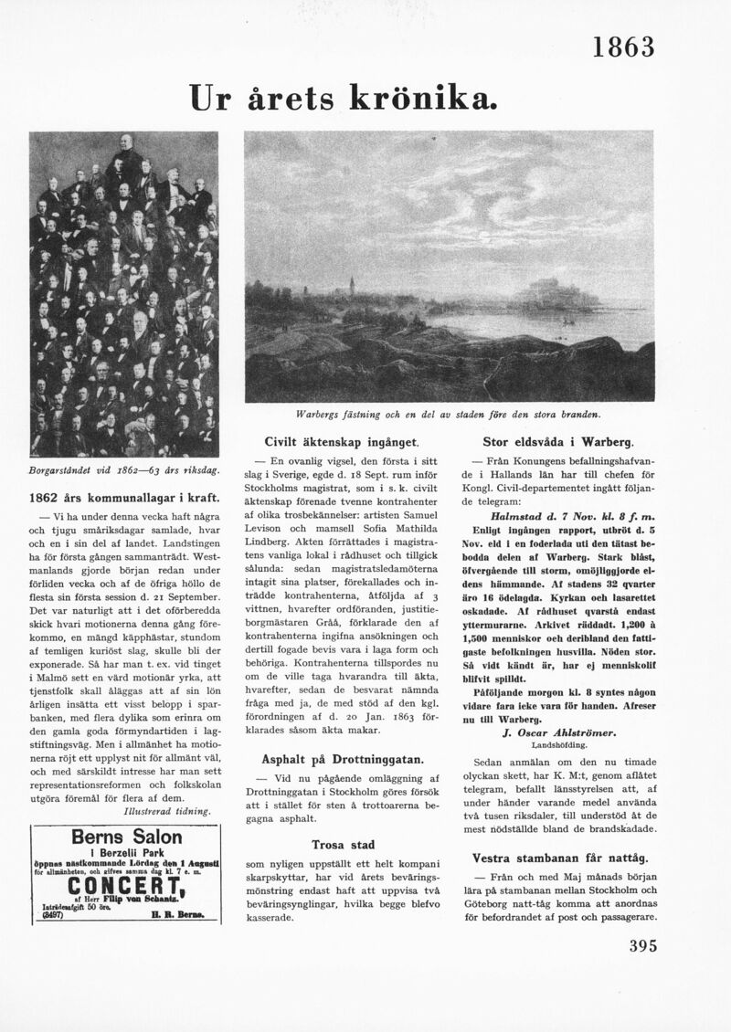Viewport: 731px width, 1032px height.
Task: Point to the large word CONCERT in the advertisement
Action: (x=125, y=887)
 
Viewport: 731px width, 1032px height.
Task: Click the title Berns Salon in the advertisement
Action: (x=126, y=837)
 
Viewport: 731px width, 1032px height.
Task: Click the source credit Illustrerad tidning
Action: (x=167, y=810)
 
